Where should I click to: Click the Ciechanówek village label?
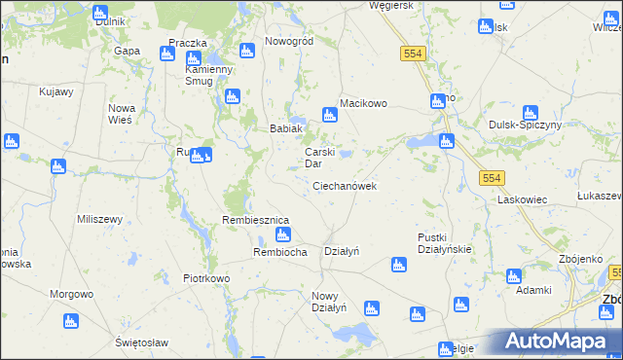coord(345,185)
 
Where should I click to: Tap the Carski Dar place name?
coord(320,158)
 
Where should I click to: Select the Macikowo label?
coord(363,103)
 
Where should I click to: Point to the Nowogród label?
coord(288,42)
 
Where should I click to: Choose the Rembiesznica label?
coord(256,220)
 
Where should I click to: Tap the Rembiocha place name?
coord(280,252)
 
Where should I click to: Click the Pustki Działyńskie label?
coord(444,243)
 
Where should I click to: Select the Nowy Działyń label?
coord(329,302)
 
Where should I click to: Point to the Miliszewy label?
coord(99,219)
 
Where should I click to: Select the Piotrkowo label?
coord(206,278)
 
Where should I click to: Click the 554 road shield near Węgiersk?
coord(412,54)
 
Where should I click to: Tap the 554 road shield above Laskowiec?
coord(492,176)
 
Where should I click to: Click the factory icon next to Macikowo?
coord(329,117)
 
